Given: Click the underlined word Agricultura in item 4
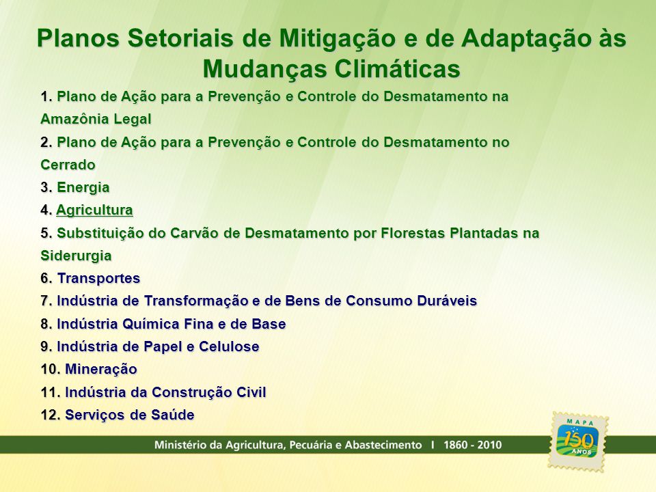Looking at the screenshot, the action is pyautogui.click(x=94, y=210).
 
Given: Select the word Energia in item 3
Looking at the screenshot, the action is pyautogui.click(x=83, y=188).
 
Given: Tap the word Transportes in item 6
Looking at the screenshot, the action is pyautogui.click(x=98, y=279).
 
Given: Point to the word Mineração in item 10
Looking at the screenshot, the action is pyautogui.click(x=101, y=370).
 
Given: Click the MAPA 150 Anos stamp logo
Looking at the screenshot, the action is pyautogui.click(x=578, y=441).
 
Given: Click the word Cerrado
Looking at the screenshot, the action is pyautogui.click(x=68, y=165).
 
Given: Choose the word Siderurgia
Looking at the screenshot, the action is pyautogui.click(x=76, y=256).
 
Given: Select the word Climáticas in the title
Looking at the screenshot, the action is pyautogui.click(x=398, y=69).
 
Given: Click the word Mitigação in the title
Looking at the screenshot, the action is pyautogui.click(x=337, y=39).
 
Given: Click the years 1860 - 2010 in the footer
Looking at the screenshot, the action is pyautogui.click(x=473, y=445).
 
